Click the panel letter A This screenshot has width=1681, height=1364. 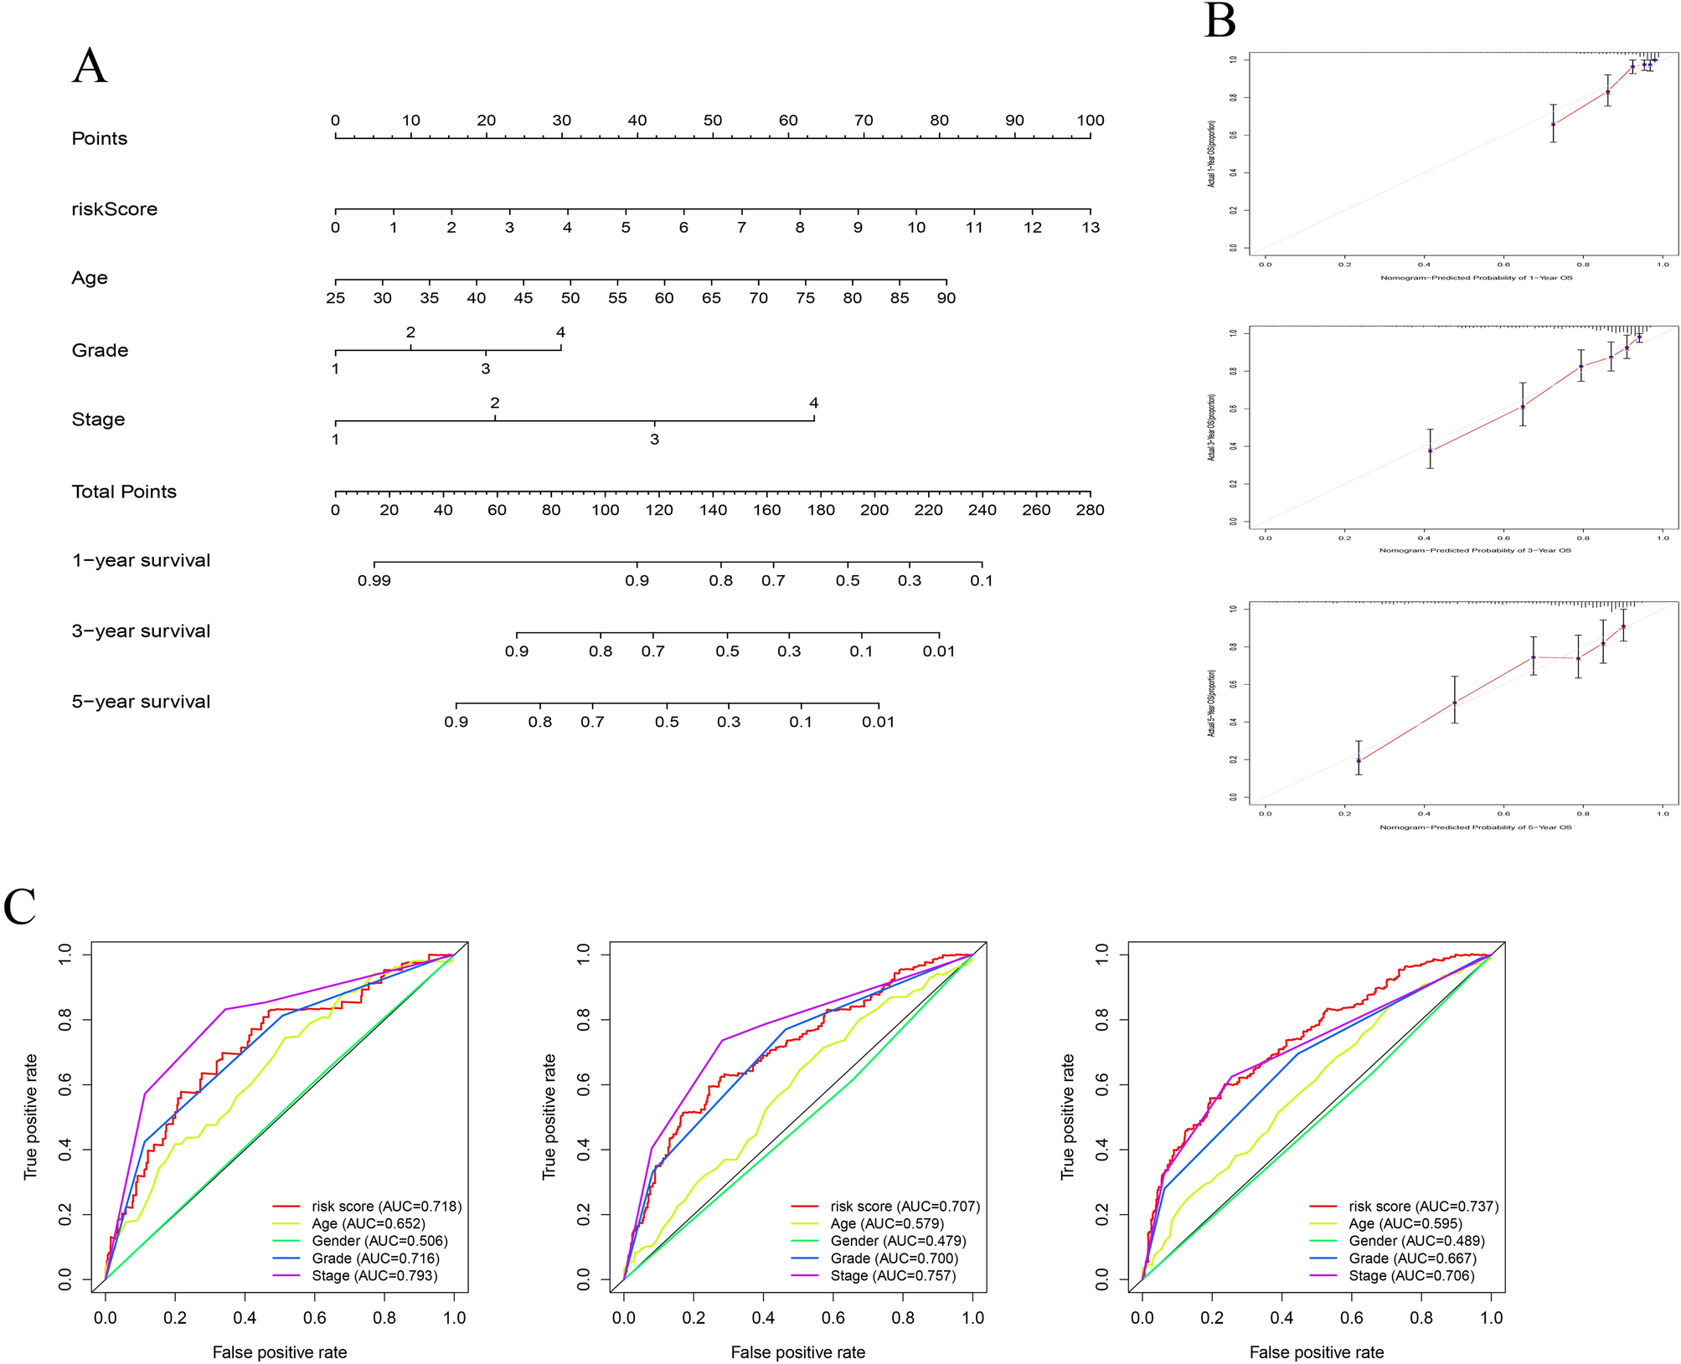click(x=90, y=66)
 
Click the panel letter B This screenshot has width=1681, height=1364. click(x=1219, y=21)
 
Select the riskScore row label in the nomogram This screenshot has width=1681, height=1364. click(x=114, y=209)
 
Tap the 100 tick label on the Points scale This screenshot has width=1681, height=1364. click(x=1090, y=121)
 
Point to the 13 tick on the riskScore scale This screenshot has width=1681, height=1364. click(x=1090, y=227)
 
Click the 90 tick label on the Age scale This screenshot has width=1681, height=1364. click(x=946, y=298)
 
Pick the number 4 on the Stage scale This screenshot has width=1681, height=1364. click(x=813, y=403)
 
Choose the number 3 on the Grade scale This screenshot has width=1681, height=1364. click(x=485, y=368)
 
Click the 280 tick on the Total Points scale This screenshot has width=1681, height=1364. click(x=1090, y=510)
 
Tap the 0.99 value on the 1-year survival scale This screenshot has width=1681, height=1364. click(x=374, y=580)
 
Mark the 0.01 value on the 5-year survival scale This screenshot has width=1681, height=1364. click(x=879, y=722)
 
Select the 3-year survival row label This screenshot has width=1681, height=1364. click(x=141, y=631)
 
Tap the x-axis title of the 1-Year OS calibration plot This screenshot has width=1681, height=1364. click(x=1476, y=277)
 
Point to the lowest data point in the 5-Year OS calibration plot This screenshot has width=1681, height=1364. click(x=1359, y=761)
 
